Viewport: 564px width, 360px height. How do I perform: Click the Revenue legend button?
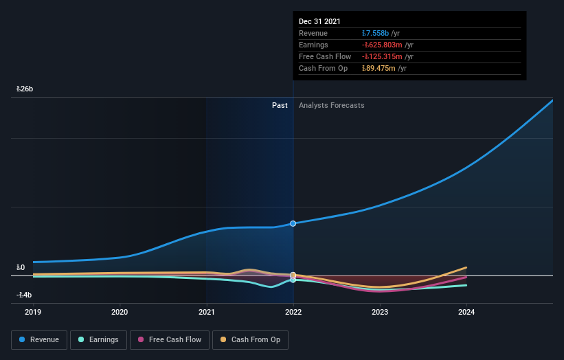(39, 339)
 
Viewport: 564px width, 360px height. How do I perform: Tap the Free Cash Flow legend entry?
(169, 339)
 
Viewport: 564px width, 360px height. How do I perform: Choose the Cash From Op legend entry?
(250, 339)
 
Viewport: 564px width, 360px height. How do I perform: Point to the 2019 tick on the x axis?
(33, 311)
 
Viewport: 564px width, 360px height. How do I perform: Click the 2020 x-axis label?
(120, 311)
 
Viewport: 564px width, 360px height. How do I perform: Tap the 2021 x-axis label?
(207, 311)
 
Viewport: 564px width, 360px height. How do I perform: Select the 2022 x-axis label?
(293, 311)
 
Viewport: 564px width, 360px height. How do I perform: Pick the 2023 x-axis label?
(380, 311)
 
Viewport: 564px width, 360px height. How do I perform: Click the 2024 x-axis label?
(466, 311)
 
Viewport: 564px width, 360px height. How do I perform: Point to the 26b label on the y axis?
(25, 89)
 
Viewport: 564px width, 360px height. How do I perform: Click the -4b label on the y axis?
(24, 295)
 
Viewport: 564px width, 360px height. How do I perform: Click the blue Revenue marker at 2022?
(293, 223)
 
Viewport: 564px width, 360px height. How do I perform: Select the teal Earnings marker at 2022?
(293, 280)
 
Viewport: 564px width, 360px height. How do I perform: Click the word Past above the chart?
(280, 105)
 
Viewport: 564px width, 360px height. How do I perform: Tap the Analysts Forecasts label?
(331, 105)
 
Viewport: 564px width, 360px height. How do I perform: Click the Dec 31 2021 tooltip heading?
(319, 22)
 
